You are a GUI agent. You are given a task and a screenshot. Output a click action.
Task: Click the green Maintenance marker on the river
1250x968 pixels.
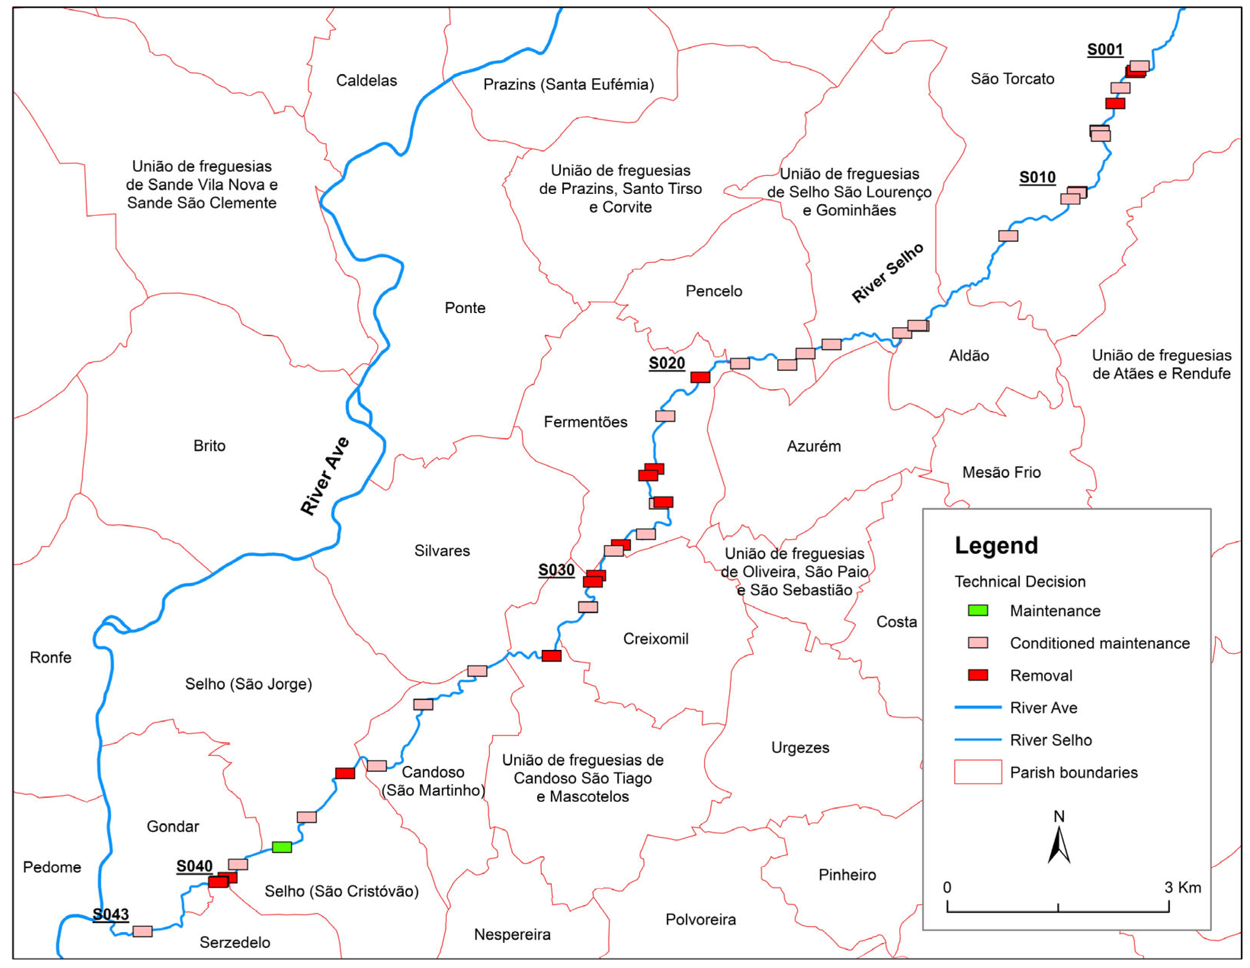pos(282,846)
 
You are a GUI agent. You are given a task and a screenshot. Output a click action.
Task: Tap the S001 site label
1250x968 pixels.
pos(1104,50)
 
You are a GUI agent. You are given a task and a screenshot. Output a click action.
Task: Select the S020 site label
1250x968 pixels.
pos(666,363)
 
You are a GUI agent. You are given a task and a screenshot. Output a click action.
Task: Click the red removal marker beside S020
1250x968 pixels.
pos(700,377)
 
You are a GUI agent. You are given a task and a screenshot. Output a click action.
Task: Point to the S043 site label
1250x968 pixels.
pos(110,914)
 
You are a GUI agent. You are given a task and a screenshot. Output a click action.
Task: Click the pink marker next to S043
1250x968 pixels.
pos(142,931)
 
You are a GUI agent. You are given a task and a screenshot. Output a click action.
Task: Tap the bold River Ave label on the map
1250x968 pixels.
pos(325,476)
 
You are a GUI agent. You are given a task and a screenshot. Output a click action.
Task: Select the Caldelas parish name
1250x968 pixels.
pos(366,81)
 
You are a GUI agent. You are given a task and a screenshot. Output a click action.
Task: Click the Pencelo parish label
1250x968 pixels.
pos(714,291)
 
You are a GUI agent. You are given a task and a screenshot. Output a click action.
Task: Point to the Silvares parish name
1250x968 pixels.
pos(442,551)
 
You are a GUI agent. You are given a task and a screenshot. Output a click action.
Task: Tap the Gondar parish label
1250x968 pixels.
pos(173,827)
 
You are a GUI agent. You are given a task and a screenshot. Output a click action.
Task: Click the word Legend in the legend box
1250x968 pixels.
pos(996,546)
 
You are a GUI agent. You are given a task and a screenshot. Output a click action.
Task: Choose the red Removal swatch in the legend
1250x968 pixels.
pos(978,675)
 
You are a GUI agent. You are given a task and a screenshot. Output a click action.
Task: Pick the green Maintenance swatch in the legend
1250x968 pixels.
pos(978,610)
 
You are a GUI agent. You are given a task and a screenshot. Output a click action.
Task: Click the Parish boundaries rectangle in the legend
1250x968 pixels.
pos(978,772)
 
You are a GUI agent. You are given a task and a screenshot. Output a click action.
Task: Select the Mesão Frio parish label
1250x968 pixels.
pos(1001,472)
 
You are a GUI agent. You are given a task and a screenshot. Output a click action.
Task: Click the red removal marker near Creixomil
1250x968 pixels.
pos(551,656)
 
